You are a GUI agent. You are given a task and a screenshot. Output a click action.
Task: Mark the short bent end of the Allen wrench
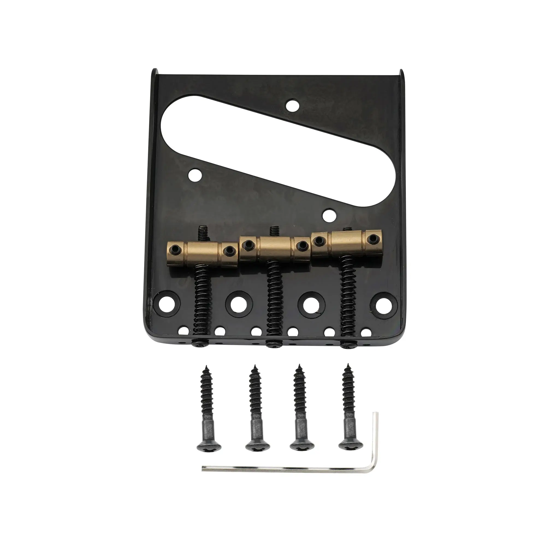click(x=375, y=441)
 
